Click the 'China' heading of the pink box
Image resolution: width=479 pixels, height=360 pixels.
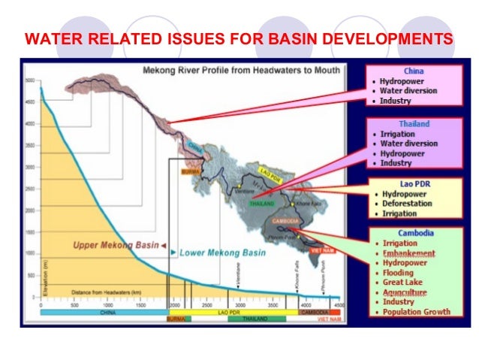(414, 71)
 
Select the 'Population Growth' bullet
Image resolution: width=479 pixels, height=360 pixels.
(417, 312)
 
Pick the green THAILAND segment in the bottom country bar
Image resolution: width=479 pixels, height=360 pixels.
(256, 319)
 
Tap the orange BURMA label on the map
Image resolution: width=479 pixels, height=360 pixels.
(188, 171)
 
